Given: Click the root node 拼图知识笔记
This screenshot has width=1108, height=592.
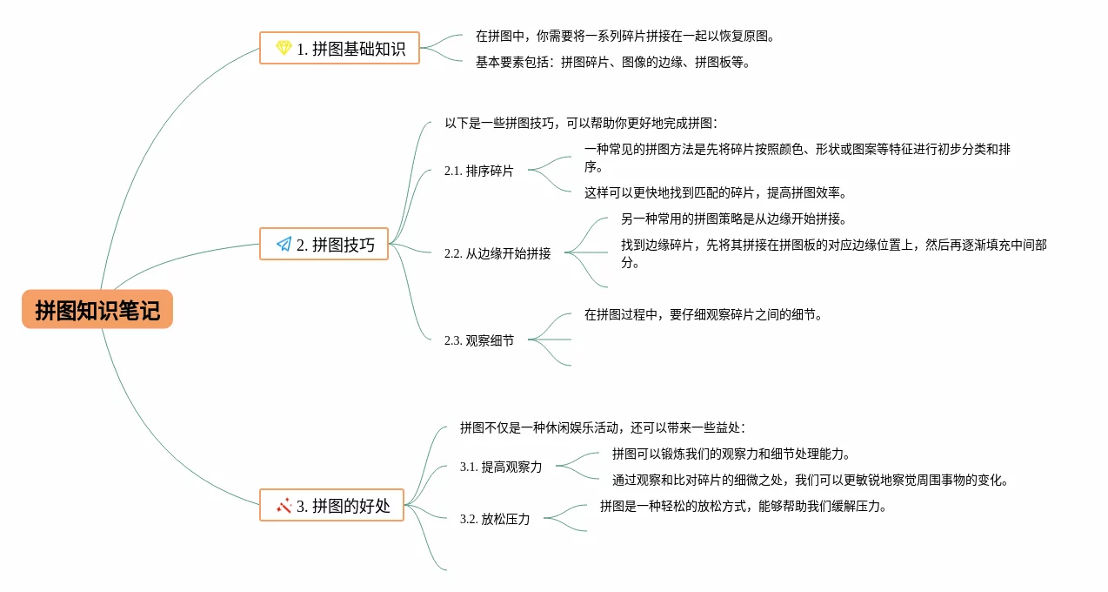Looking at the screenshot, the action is point(97,310).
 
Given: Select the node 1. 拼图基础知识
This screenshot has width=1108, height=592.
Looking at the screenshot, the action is point(340,49).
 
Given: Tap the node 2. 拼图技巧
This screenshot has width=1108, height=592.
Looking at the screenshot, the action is point(324,245).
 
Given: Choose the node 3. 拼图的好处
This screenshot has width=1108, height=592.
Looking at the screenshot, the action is point(332,505).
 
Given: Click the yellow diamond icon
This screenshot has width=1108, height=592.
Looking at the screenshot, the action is point(284,49).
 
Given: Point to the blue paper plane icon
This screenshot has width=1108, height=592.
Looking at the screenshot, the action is point(284,245).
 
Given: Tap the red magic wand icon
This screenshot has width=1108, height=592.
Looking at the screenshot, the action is point(284,505).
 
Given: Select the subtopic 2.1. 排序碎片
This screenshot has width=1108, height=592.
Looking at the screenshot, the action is point(478,171).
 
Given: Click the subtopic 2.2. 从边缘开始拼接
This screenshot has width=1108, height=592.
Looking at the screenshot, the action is point(497,253).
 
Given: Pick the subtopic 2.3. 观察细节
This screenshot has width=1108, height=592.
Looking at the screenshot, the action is point(478,340).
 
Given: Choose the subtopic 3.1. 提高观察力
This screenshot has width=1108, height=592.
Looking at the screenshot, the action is point(500,467).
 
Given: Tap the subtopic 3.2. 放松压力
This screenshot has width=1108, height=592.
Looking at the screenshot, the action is point(494,519).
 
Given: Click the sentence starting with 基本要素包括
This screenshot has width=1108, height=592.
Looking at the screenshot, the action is point(612,63).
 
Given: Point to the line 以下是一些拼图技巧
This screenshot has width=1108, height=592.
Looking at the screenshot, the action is point(580,124).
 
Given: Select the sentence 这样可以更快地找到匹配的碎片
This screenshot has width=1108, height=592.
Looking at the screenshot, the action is point(715,192).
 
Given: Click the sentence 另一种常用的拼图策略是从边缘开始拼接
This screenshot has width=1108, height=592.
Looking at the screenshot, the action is point(733,219).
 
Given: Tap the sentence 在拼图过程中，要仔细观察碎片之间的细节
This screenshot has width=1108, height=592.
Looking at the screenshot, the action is point(703,314).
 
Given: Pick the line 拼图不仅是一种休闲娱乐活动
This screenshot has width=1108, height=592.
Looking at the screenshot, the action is point(602,427).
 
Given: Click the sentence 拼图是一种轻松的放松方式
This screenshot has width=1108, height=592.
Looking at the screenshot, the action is point(743,506).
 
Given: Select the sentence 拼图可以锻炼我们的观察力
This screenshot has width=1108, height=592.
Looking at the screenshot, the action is point(731,454).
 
